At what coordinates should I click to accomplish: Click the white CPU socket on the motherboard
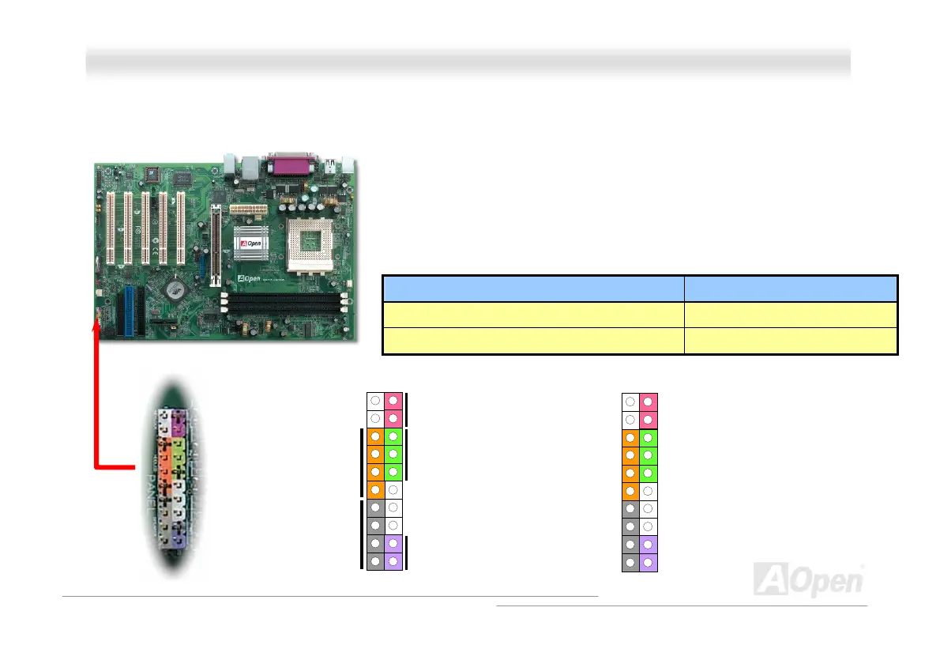pyautogui.click(x=304, y=246)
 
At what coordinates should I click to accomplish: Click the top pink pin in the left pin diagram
pyautogui.click(x=393, y=400)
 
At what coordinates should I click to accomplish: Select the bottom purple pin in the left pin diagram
pyautogui.click(x=393, y=562)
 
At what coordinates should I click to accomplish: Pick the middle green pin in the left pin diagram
pyautogui.click(x=393, y=455)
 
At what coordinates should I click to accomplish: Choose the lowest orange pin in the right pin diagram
pyautogui.click(x=630, y=491)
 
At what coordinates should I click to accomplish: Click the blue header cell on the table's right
pyautogui.click(x=791, y=288)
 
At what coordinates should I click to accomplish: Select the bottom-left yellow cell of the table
pyautogui.click(x=532, y=341)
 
